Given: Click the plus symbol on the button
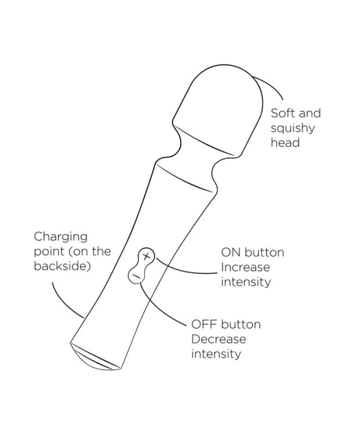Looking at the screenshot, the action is tap(146, 256).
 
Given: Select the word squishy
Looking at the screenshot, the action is tap(293, 129).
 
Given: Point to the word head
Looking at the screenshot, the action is tap(285, 142).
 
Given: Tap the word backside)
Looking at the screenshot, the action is tap(62, 266).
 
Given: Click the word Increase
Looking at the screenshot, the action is tap(245, 267).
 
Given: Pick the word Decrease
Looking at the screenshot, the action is tap(219, 339).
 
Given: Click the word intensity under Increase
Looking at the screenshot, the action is tap(246, 282).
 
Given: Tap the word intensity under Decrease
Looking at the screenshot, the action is tap(216, 354).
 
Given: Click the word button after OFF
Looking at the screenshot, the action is tap(241, 325).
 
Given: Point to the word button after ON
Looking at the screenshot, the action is tap(264, 253).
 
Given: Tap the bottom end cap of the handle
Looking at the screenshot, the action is tap(96, 358).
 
